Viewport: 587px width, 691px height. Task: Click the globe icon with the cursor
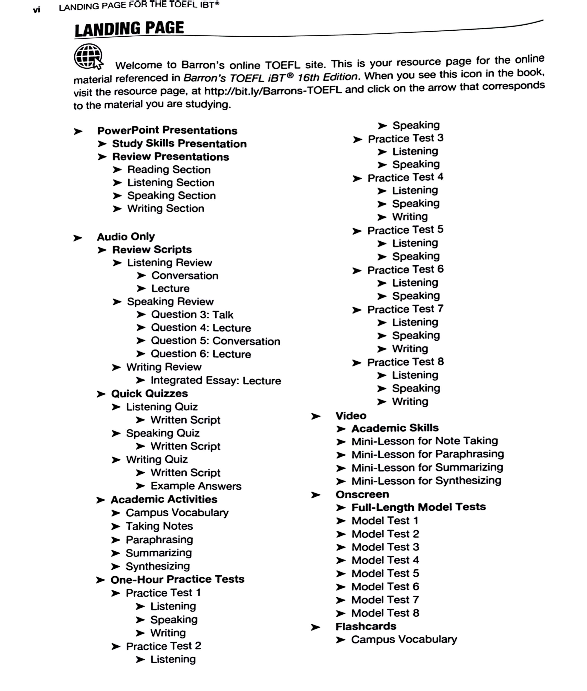tap(88, 57)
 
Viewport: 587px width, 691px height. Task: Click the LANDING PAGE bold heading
tap(129, 29)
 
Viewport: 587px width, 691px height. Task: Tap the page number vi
tap(37, 10)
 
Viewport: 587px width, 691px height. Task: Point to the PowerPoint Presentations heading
tap(167, 130)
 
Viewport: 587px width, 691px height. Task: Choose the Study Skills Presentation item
tap(179, 143)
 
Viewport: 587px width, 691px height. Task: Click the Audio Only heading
tap(126, 237)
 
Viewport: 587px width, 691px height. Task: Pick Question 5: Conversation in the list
tap(215, 341)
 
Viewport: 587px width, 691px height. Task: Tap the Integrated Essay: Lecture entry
tap(216, 380)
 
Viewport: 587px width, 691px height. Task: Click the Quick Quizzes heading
tap(149, 394)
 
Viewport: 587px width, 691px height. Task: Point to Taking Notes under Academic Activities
tap(159, 526)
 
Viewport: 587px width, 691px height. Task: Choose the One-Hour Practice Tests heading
tap(177, 580)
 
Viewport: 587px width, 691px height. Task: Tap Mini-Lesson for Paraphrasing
tap(428, 454)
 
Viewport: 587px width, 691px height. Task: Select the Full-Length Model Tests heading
tap(419, 507)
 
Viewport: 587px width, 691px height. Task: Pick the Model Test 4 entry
tap(385, 560)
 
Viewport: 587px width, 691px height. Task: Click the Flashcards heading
tap(366, 627)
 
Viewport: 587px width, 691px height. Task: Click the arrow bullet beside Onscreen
tap(315, 495)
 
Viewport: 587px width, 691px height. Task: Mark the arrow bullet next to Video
tap(315, 416)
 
